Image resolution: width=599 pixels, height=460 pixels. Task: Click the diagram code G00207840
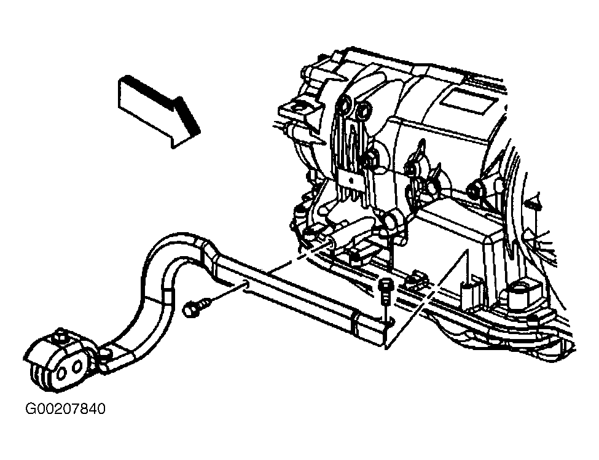point(65,409)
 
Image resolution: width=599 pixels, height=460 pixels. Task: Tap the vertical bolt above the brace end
point(385,292)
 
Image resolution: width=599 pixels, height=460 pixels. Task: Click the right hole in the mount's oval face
point(77,367)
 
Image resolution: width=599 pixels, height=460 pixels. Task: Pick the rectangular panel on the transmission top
point(467,100)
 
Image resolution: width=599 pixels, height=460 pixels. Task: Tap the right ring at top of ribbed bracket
point(362,111)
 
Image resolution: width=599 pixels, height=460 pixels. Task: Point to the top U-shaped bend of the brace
point(173,241)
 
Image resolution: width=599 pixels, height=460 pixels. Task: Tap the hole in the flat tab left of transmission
point(297,109)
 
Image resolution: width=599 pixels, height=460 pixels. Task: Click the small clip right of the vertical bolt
point(416,278)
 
